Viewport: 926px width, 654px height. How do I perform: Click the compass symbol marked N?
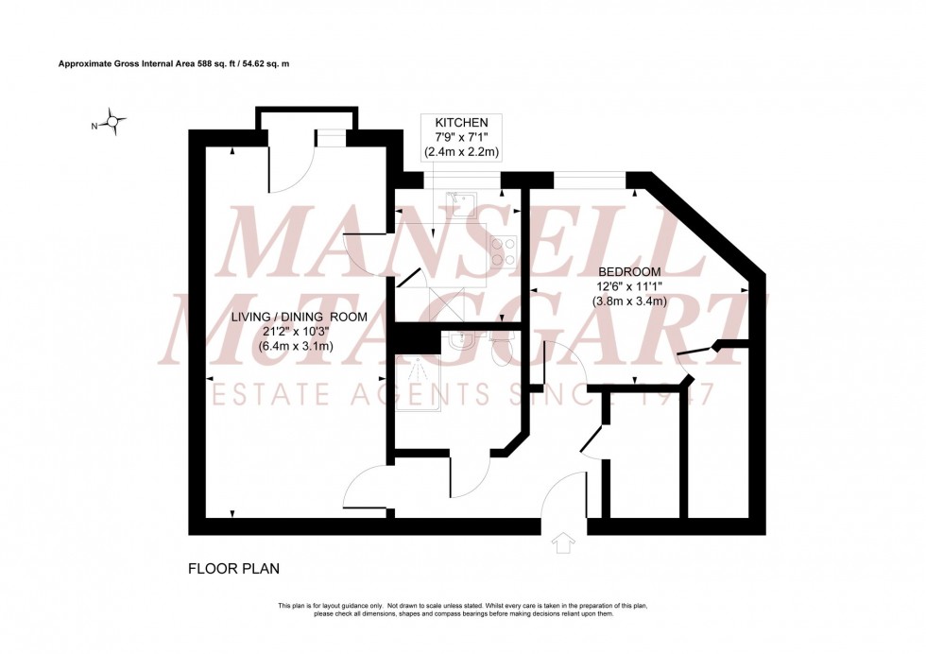click(x=113, y=122)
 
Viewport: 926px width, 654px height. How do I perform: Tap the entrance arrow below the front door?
click(x=564, y=543)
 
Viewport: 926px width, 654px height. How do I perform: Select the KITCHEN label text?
click(x=461, y=123)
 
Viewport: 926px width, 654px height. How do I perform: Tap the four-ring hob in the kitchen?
click(x=503, y=251)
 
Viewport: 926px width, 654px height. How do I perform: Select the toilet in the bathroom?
click(x=497, y=349)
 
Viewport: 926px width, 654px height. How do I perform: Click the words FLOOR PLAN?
click(x=233, y=569)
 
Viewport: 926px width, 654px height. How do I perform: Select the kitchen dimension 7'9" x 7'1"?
click(x=461, y=137)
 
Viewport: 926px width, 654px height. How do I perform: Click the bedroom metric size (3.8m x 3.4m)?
click(x=630, y=301)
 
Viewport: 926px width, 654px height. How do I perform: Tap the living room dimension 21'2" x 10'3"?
click(x=300, y=331)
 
